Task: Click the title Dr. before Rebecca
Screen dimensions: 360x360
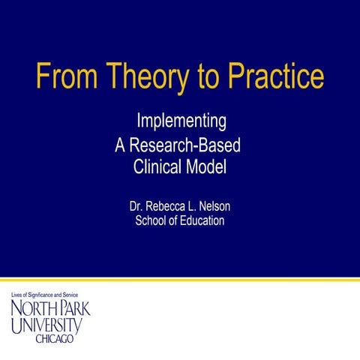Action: (137, 205)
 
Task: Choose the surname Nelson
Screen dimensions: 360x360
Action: (221, 205)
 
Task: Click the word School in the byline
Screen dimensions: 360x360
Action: (151, 220)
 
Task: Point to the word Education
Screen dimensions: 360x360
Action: (198, 220)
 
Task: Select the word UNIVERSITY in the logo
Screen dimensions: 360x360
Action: (46, 326)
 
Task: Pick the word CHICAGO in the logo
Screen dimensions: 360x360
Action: (55, 340)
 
